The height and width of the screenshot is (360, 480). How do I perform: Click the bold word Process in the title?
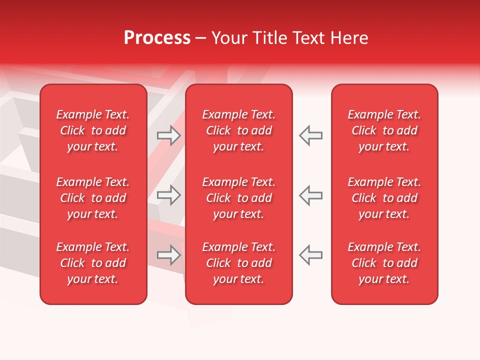point(157,38)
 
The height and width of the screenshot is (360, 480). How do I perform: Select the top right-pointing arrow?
point(168,135)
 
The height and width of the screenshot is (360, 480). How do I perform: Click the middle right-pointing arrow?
point(168,195)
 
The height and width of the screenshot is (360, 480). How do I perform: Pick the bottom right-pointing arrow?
point(168,255)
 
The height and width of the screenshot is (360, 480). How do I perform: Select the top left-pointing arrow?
point(311,135)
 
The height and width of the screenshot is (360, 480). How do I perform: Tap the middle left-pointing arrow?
point(311,195)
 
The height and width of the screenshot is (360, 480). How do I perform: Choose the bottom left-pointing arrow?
point(311,255)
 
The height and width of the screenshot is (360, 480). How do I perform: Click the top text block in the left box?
point(93,130)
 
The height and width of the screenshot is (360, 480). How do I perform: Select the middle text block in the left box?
point(93,198)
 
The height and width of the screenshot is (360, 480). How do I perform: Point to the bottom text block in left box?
point(93,263)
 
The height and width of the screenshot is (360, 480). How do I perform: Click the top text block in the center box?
point(238,130)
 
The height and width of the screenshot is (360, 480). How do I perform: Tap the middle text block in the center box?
point(238,198)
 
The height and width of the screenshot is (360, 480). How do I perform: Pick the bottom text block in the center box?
point(238,263)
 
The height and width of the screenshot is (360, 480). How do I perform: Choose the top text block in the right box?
point(384,130)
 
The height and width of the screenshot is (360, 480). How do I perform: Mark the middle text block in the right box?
point(384,198)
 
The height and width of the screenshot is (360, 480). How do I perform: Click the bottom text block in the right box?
point(384,263)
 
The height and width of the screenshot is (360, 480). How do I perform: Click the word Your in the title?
point(228,38)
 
